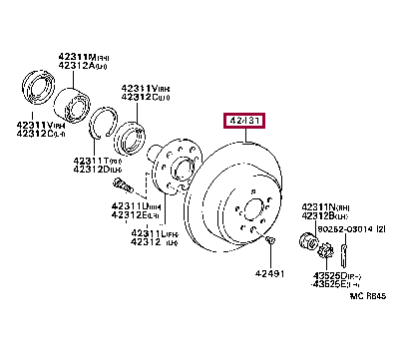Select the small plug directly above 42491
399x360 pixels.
click(269, 240)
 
